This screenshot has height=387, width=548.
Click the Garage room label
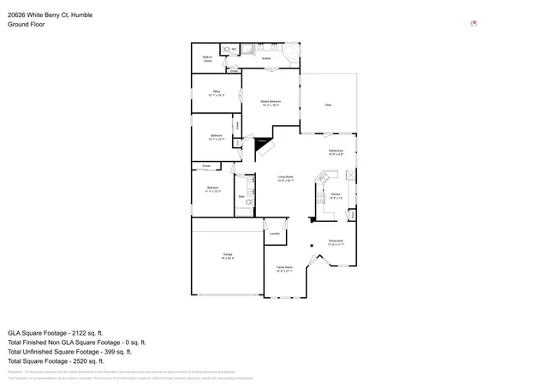click(228, 255)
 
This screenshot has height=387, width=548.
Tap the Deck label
click(328, 104)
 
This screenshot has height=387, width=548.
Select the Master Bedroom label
click(271, 103)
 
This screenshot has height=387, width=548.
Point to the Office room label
click(217, 92)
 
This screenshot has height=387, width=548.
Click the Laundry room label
click(275, 233)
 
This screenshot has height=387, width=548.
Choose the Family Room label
click(285, 269)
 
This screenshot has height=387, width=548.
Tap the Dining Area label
click(336, 242)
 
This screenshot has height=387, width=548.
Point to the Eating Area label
click(337, 152)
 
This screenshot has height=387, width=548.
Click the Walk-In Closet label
click(207, 60)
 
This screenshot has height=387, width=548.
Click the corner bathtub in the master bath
click(290, 53)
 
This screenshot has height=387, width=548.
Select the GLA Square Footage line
click(55, 332)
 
